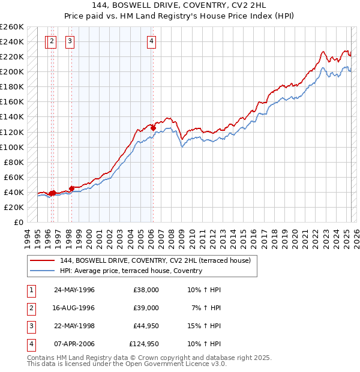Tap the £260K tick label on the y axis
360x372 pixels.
[12, 27]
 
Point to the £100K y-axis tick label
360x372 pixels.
[12, 147]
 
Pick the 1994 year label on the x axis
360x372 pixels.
[28, 237]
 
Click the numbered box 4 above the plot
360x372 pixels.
[152, 41]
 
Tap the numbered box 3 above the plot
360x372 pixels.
[70, 41]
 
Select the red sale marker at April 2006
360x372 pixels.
[153, 128]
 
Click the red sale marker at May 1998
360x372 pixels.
[71, 188]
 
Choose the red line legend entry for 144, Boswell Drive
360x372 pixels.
[158, 260]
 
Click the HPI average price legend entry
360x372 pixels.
[131, 271]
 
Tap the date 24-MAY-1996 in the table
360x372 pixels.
[74, 290]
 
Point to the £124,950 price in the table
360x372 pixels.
[144, 344]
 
